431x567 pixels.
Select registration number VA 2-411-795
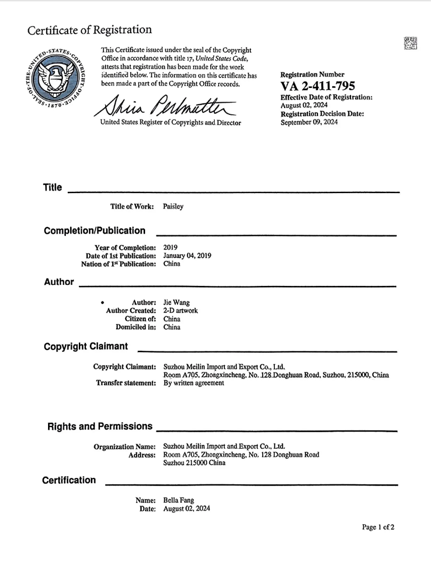318,86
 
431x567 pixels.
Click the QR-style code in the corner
410,43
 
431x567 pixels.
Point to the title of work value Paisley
173,207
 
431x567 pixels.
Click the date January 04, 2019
187,256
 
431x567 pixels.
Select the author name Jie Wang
176,303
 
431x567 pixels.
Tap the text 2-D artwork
180,311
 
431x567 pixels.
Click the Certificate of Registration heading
89,30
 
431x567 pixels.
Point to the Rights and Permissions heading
100,427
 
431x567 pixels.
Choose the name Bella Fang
179,500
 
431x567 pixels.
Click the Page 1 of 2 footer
378,527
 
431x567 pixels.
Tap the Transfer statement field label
126,383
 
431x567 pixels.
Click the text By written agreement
194,383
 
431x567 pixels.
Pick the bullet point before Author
102,303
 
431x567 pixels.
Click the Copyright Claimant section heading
86,346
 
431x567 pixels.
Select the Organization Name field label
124,446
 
